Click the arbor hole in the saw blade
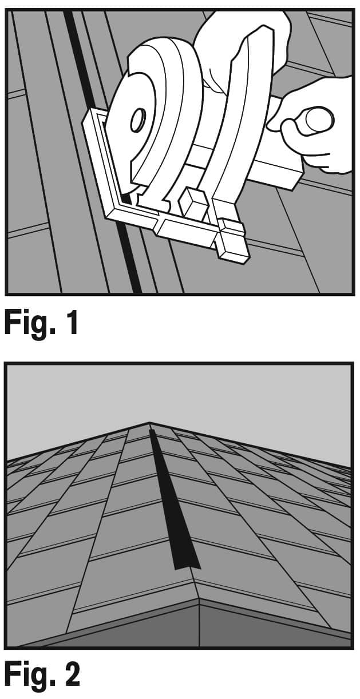(138, 121)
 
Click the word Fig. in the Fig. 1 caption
(27, 324)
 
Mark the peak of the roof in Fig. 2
(150, 424)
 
